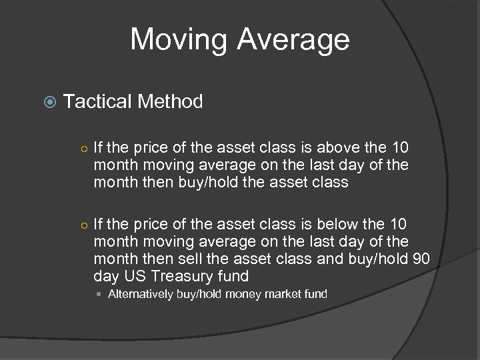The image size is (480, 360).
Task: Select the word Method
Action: click(x=170, y=101)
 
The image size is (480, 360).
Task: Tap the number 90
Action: click(x=421, y=259)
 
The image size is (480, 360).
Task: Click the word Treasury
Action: click(x=181, y=276)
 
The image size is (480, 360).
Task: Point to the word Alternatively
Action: click(x=141, y=294)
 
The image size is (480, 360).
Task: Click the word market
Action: click(x=284, y=294)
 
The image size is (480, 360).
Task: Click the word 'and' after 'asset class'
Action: click(x=330, y=259)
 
